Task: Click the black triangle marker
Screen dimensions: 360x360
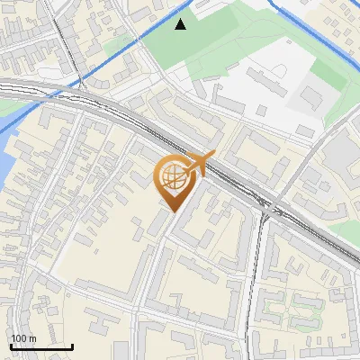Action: click(x=181, y=24)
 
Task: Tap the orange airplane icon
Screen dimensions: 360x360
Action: click(x=199, y=164)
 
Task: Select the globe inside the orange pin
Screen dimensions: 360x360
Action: click(x=174, y=176)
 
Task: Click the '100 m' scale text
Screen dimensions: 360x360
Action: click(x=23, y=337)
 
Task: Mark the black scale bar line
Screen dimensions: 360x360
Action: click(x=40, y=346)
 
